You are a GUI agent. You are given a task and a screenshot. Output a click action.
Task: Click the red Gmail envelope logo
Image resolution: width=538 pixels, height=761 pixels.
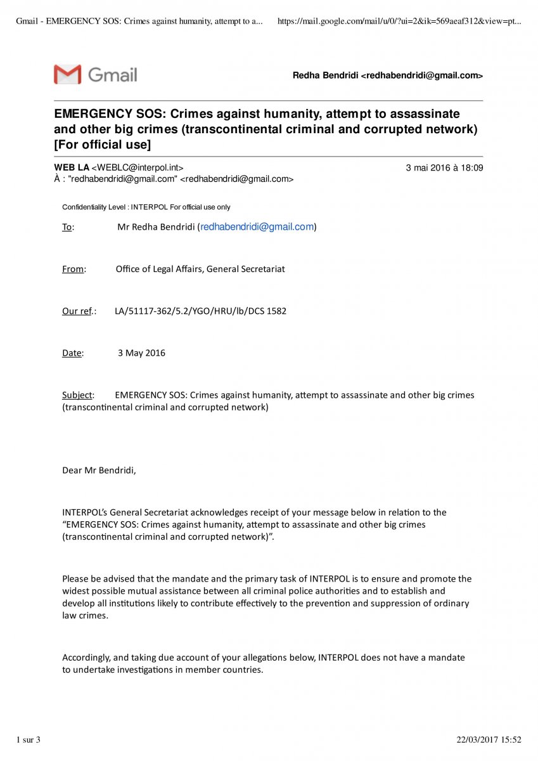pyautogui.click(x=68, y=74)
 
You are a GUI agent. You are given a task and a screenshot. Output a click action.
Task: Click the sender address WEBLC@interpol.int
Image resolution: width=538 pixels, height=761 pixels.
pyautogui.click(x=138, y=168)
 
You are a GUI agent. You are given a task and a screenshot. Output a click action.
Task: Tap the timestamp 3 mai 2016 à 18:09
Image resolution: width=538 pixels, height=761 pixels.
pyautogui.click(x=444, y=168)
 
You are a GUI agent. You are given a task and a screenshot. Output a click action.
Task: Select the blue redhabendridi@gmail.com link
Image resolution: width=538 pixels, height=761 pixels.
pyautogui.click(x=257, y=227)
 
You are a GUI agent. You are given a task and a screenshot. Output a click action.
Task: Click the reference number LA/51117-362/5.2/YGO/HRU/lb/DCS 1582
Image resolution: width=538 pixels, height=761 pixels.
pyautogui.click(x=200, y=311)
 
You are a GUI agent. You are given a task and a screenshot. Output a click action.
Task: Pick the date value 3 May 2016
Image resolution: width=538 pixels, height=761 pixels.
pyautogui.click(x=141, y=353)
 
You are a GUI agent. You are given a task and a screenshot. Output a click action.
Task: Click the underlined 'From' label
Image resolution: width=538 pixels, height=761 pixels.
pyautogui.click(x=74, y=269)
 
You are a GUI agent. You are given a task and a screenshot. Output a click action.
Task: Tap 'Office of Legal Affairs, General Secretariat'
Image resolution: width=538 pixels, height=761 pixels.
pyautogui.click(x=200, y=269)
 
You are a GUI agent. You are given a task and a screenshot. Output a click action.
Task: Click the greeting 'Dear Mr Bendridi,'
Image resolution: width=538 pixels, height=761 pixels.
pyautogui.click(x=99, y=471)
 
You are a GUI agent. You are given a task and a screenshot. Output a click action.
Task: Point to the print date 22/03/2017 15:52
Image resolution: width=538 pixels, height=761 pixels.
pyautogui.click(x=489, y=739)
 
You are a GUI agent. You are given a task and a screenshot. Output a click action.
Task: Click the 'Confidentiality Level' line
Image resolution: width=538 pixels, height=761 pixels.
pyautogui.click(x=146, y=207)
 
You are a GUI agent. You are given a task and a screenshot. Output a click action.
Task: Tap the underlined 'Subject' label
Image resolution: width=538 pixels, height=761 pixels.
pyautogui.click(x=77, y=395)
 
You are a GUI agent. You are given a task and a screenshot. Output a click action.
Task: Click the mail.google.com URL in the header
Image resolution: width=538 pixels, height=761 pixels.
pyautogui.click(x=399, y=22)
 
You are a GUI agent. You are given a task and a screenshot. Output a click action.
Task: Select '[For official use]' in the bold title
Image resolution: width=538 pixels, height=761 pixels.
pyautogui.click(x=103, y=145)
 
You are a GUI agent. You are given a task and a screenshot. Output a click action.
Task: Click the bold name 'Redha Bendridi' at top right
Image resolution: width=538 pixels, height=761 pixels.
pyautogui.click(x=325, y=75)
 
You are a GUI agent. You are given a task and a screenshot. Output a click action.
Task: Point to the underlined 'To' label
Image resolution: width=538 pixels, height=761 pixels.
pyautogui.click(x=67, y=227)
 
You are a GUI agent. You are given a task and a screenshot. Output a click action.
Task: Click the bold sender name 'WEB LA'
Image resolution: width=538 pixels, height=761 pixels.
pyautogui.click(x=72, y=168)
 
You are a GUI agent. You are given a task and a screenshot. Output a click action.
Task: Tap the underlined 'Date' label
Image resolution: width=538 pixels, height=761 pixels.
pyautogui.click(x=72, y=353)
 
